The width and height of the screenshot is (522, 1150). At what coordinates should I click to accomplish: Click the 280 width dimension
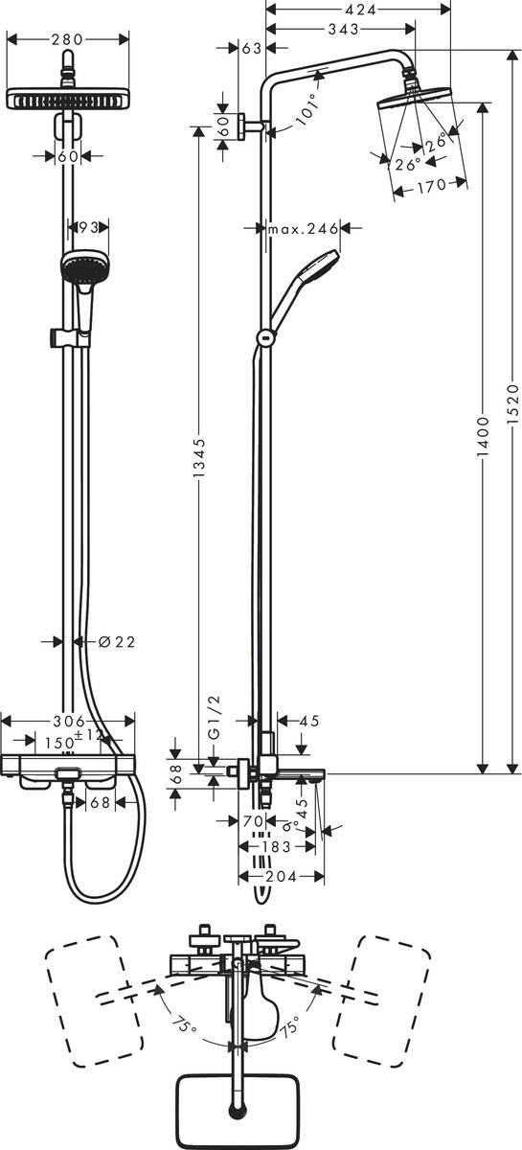(x=67, y=39)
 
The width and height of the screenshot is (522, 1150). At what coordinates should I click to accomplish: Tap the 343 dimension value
(x=342, y=31)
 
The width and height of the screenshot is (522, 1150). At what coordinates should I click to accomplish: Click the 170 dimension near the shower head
(x=431, y=187)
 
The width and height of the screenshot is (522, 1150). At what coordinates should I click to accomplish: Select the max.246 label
(x=304, y=228)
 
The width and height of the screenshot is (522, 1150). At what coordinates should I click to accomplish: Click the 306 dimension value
(x=67, y=721)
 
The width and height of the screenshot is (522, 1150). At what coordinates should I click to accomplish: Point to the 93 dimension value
(x=88, y=227)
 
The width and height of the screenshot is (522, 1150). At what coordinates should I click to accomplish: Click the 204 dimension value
(x=280, y=876)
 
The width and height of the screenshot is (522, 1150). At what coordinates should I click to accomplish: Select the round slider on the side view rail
(x=264, y=336)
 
